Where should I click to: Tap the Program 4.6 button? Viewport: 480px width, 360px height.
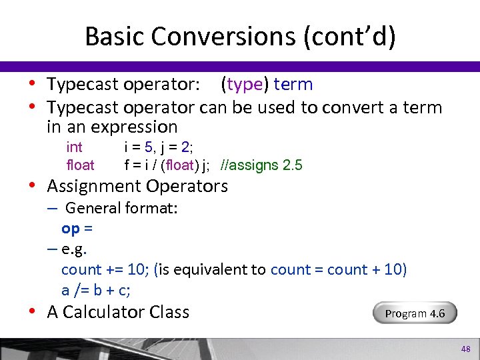tap(415, 313)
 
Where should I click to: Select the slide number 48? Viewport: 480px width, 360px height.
tap(465, 349)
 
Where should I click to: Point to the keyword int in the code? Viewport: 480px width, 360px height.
tap(75, 147)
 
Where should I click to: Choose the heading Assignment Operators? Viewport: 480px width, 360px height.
tap(137, 186)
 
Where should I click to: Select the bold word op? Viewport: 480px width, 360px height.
tap(71, 229)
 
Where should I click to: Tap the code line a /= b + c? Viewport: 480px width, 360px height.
tap(95, 290)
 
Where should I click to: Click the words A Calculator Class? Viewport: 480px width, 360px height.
tap(118, 312)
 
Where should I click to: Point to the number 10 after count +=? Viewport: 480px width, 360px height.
tap(137, 270)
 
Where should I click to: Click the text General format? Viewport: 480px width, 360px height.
tap(121, 208)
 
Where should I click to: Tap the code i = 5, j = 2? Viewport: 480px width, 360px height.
tap(159, 147)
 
